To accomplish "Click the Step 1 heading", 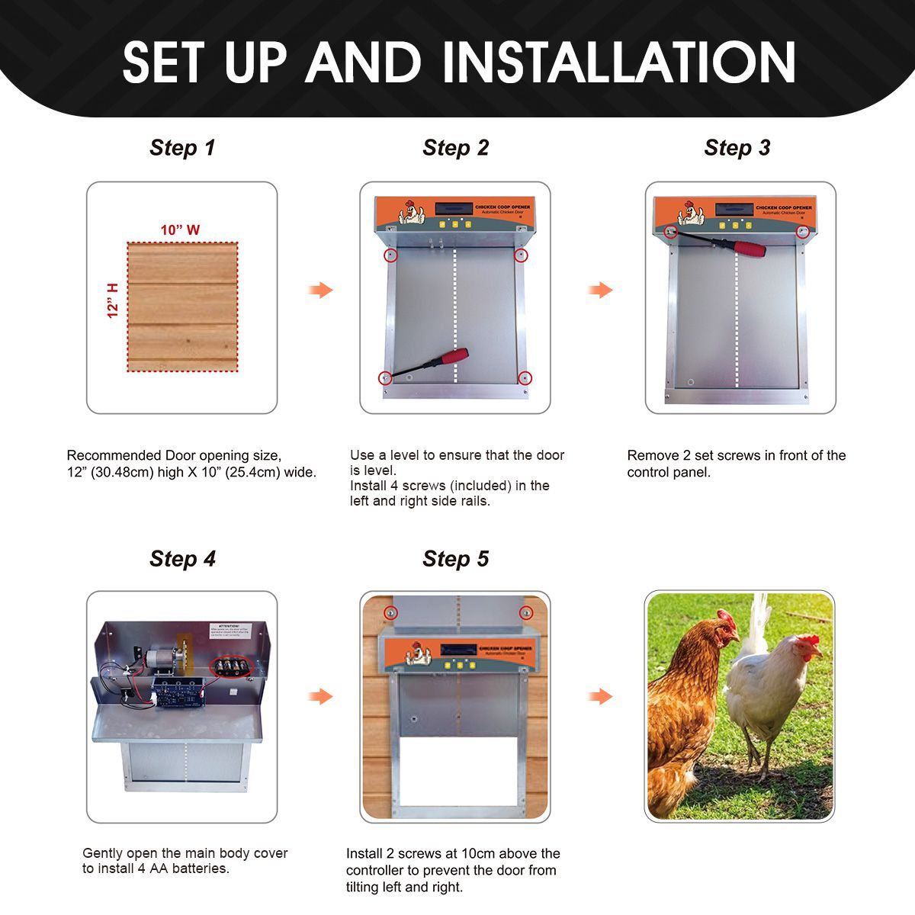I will [x=182, y=148].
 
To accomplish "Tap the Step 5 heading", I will [x=455, y=559].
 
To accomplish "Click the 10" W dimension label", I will [x=180, y=230].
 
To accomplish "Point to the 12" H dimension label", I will [x=114, y=300].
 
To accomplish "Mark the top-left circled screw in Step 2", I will [x=390, y=255].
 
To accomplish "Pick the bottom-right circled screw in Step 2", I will [x=524, y=377].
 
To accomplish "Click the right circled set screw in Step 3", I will [x=803, y=232].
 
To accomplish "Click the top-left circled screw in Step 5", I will [x=390, y=612].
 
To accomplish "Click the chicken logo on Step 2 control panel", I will [x=412, y=211].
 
